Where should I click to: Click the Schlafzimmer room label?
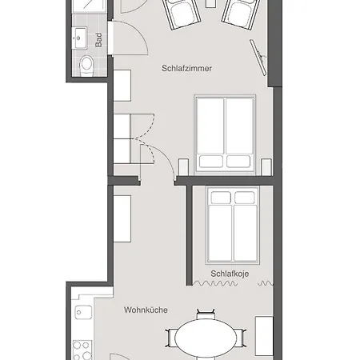tap(186, 68)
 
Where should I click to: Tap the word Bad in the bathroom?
tap(98, 40)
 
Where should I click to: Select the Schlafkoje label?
tap(230, 274)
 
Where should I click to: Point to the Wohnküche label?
tap(146, 310)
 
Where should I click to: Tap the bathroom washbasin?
tap(80, 38)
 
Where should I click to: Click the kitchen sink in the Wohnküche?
tap(83, 312)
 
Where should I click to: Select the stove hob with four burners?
tap(82, 350)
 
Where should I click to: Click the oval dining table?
tap(206, 338)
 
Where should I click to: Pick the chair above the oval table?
tap(206, 314)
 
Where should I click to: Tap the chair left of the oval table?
tap(170, 338)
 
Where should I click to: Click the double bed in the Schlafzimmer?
tap(225, 133)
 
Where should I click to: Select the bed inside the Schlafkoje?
tap(233, 226)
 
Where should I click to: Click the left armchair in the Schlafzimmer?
tap(182, 14)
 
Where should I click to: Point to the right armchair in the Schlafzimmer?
tap(241, 14)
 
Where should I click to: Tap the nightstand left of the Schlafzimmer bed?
tap(183, 167)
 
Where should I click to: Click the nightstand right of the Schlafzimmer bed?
tap(266, 167)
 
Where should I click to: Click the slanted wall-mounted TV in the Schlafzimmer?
tap(258, 58)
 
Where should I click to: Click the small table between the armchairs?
tap(210, 3)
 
